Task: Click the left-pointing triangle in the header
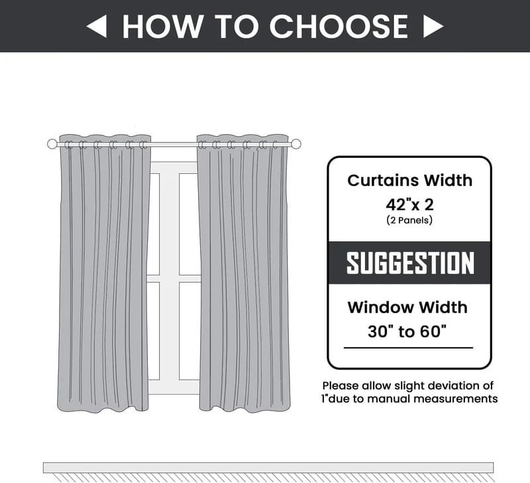(97, 26)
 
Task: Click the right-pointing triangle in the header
(433, 26)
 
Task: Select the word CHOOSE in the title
(339, 26)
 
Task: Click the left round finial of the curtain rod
(52, 144)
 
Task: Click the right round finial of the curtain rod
(296, 144)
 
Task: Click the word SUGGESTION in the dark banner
(410, 263)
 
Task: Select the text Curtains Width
(409, 180)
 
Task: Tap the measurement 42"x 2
(409, 204)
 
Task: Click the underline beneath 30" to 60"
(408, 348)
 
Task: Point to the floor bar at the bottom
(268, 467)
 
